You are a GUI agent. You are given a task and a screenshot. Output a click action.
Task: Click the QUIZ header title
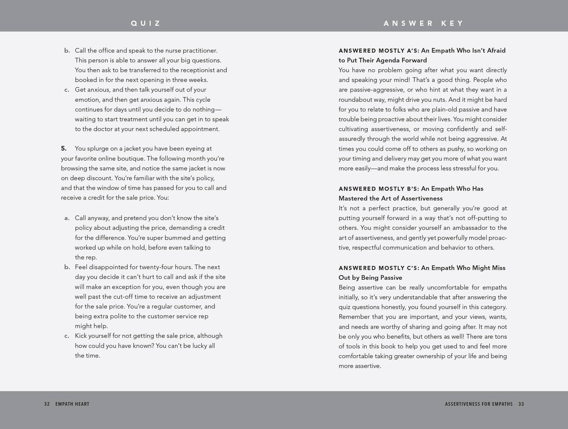pyautogui.click(x=146, y=23)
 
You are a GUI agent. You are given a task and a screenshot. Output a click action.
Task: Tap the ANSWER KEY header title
pyautogui.click(x=424, y=23)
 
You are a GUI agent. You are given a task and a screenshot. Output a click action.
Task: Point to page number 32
pyautogui.click(x=47, y=404)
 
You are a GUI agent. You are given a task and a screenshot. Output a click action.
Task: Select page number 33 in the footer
pyautogui.click(x=521, y=404)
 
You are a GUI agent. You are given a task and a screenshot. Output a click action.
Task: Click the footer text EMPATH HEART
pyautogui.click(x=72, y=404)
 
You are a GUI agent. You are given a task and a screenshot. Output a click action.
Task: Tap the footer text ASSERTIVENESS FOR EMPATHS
pyautogui.click(x=479, y=404)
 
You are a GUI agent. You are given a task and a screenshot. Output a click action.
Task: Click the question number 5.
pyautogui.click(x=64, y=148)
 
